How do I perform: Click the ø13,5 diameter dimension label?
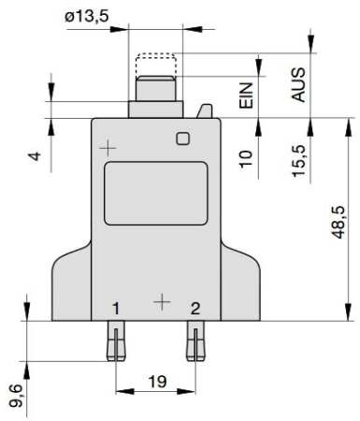pyautogui.click(x=87, y=16)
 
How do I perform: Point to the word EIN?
pyautogui.click(x=246, y=95)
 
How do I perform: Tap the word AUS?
pyautogui.click(x=298, y=84)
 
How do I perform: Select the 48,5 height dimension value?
pyautogui.click(x=338, y=222)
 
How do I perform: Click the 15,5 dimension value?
pyautogui.click(x=299, y=161)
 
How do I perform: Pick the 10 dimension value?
pyautogui.click(x=246, y=159)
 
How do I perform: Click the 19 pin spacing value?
pyautogui.click(x=157, y=382)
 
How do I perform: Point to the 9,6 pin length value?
pyautogui.click(x=16, y=396)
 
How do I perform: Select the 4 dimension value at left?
pyautogui.click(x=36, y=156)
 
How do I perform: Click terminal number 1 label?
pyautogui.click(x=116, y=309)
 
